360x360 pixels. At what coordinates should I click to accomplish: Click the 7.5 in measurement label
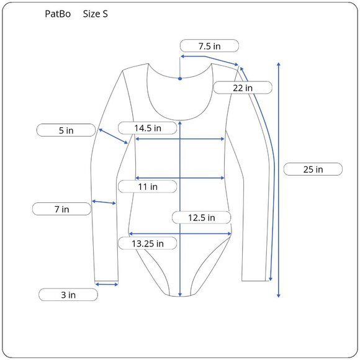pos(209,46)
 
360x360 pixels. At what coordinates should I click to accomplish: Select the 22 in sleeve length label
pos(243,88)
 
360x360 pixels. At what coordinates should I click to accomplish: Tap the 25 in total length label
pos(312,169)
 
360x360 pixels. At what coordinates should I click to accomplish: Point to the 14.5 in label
pos(148,128)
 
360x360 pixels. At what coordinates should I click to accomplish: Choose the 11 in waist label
pos(148,186)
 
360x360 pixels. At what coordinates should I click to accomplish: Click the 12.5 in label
pos(201,217)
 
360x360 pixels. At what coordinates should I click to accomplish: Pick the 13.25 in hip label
pos(148,243)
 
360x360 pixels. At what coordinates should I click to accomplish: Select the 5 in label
pos(66,130)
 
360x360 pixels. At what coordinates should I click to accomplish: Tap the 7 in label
pos(61,209)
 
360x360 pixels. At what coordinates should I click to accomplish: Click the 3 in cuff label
pos(68,295)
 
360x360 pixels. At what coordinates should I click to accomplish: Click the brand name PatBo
pos(57,14)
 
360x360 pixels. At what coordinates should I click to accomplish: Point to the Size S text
pos(95,14)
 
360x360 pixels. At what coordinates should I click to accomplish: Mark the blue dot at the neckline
pos(180,79)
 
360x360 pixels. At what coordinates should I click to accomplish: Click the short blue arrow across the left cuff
pos(107,284)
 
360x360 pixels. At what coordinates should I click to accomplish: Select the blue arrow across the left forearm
pos(104,202)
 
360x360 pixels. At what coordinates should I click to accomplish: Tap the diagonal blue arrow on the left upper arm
pos(114,137)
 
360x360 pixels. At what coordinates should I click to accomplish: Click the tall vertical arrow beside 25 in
pos(279,180)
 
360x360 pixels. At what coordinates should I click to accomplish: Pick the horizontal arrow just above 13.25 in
pos(180,234)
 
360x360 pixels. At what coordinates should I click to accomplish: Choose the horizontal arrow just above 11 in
pos(180,178)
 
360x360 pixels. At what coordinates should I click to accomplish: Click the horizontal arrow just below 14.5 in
pos(180,139)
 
